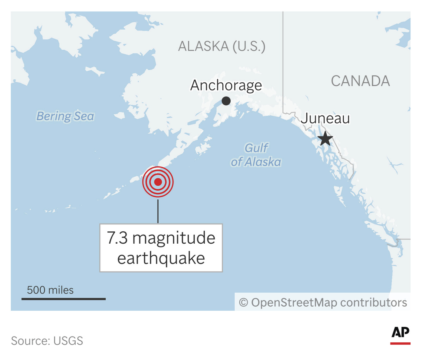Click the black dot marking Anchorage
226,101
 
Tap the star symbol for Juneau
325,138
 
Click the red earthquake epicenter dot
158,182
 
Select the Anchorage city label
226,85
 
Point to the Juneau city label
325,118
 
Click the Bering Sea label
65,116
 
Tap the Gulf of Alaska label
256,155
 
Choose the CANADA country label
360,81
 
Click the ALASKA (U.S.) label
222,46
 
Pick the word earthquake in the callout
161,258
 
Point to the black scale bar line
64,299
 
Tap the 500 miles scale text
50,290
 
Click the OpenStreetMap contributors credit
329,303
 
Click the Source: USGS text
47,341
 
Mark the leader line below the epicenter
158,210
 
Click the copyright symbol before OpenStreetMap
243,303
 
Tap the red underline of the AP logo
400,343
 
